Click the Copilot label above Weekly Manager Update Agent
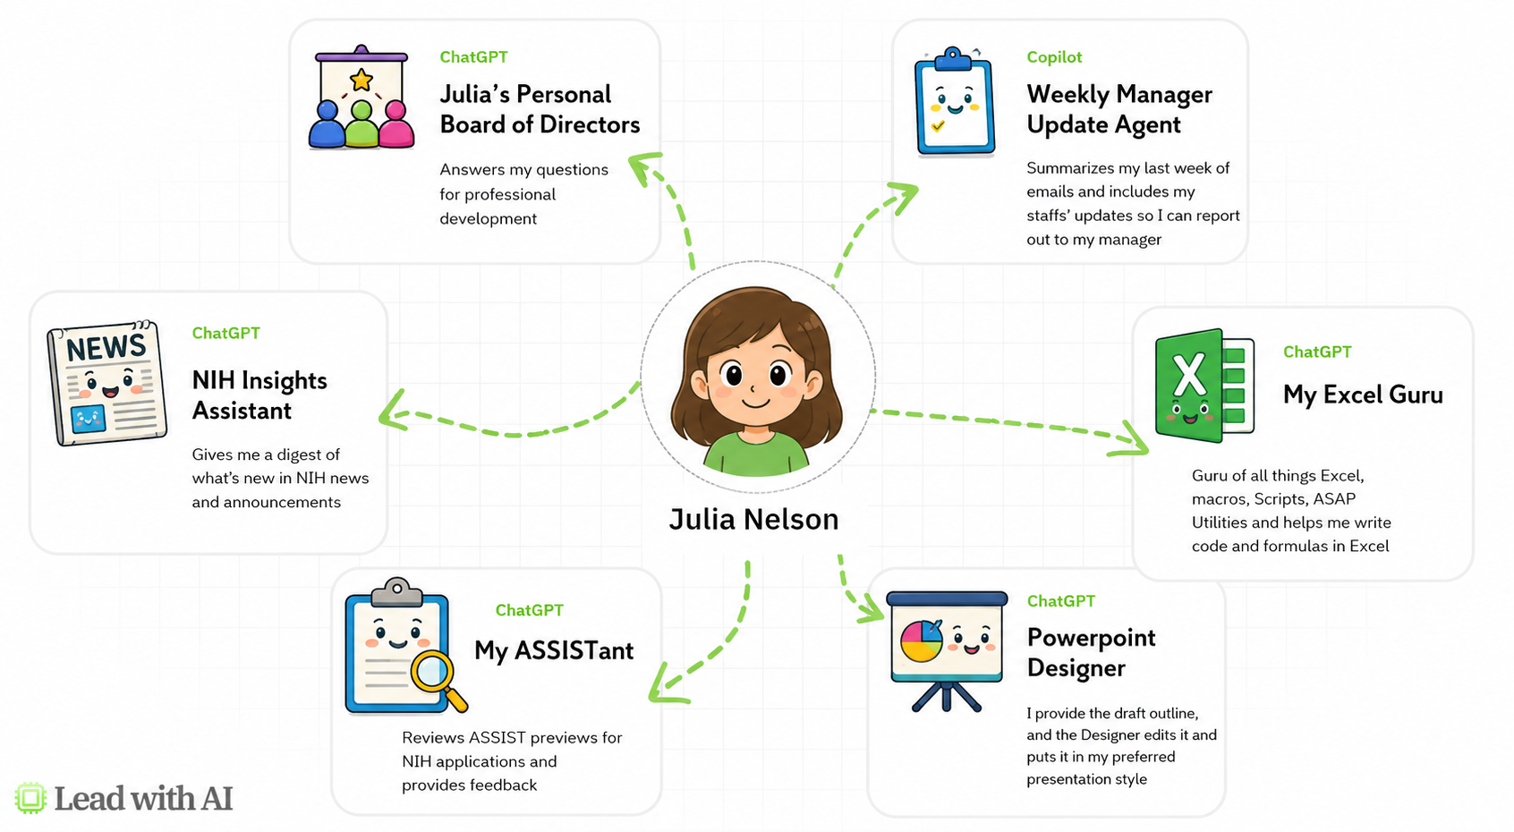[1054, 57]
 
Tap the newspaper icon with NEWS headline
[107, 383]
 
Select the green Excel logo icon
[1204, 386]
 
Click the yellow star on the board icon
[361, 80]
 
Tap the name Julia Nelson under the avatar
[753, 519]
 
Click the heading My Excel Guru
[1363, 395]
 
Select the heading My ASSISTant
[554, 650]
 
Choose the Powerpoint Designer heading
[1091, 652]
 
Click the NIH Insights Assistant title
[259, 395]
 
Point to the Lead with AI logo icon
[30, 798]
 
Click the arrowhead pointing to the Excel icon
[1132, 440]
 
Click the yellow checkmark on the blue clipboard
[938, 126]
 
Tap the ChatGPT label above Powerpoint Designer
[1061, 601]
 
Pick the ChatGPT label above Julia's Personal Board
[473, 57]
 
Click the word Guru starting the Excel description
[1209, 476]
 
